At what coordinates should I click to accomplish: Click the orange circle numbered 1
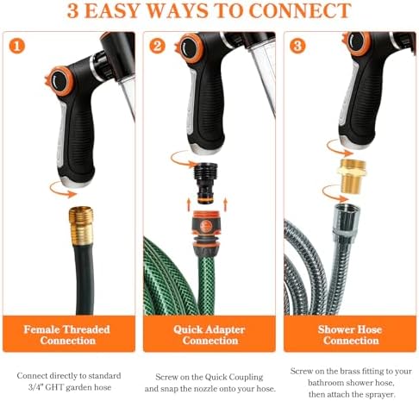pyautogui.click(x=17, y=46)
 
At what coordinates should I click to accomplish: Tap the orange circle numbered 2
pyautogui.click(x=157, y=46)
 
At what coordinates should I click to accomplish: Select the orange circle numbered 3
pyautogui.click(x=297, y=46)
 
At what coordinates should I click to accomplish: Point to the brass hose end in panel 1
pyautogui.click(x=81, y=226)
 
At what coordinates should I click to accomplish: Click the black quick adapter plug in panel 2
pyautogui.click(x=206, y=184)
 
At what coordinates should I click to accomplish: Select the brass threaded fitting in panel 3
pyautogui.click(x=352, y=175)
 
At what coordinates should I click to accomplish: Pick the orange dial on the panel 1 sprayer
pyautogui.click(x=60, y=81)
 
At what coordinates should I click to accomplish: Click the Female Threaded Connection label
pyautogui.click(x=67, y=335)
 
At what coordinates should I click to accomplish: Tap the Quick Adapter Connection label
pyautogui.click(x=209, y=335)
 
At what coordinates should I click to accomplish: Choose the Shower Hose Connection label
pyautogui.click(x=350, y=335)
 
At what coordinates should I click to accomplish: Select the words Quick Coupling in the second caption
pyautogui.click(x=234, y=377)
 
